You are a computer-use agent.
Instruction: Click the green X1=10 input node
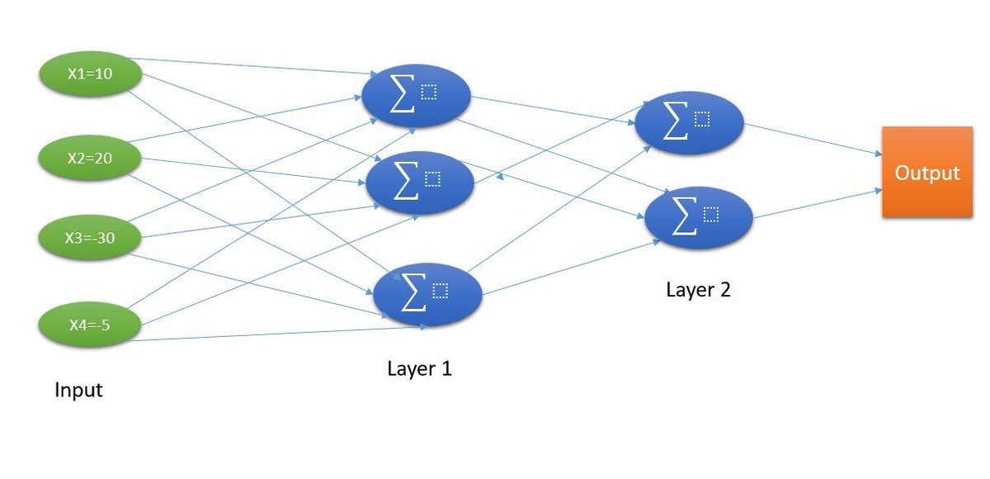coord(90,74)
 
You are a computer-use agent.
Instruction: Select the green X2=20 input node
coord(90,158)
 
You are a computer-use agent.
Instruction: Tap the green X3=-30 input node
coord(90,239)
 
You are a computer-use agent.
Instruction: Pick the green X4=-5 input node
coord(90,325)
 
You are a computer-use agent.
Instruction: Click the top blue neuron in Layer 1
coord(416,97)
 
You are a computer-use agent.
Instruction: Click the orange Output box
coord(927,173)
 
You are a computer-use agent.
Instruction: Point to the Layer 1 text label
coord(419,368)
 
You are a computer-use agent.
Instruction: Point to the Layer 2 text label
coord(698,290)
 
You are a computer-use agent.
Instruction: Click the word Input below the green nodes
coord(78,390)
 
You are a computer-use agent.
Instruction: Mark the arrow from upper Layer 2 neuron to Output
coord(813,138)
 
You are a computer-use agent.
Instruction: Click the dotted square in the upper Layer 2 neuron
coord(702,119)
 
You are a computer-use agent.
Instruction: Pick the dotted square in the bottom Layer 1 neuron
coord(440,290)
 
